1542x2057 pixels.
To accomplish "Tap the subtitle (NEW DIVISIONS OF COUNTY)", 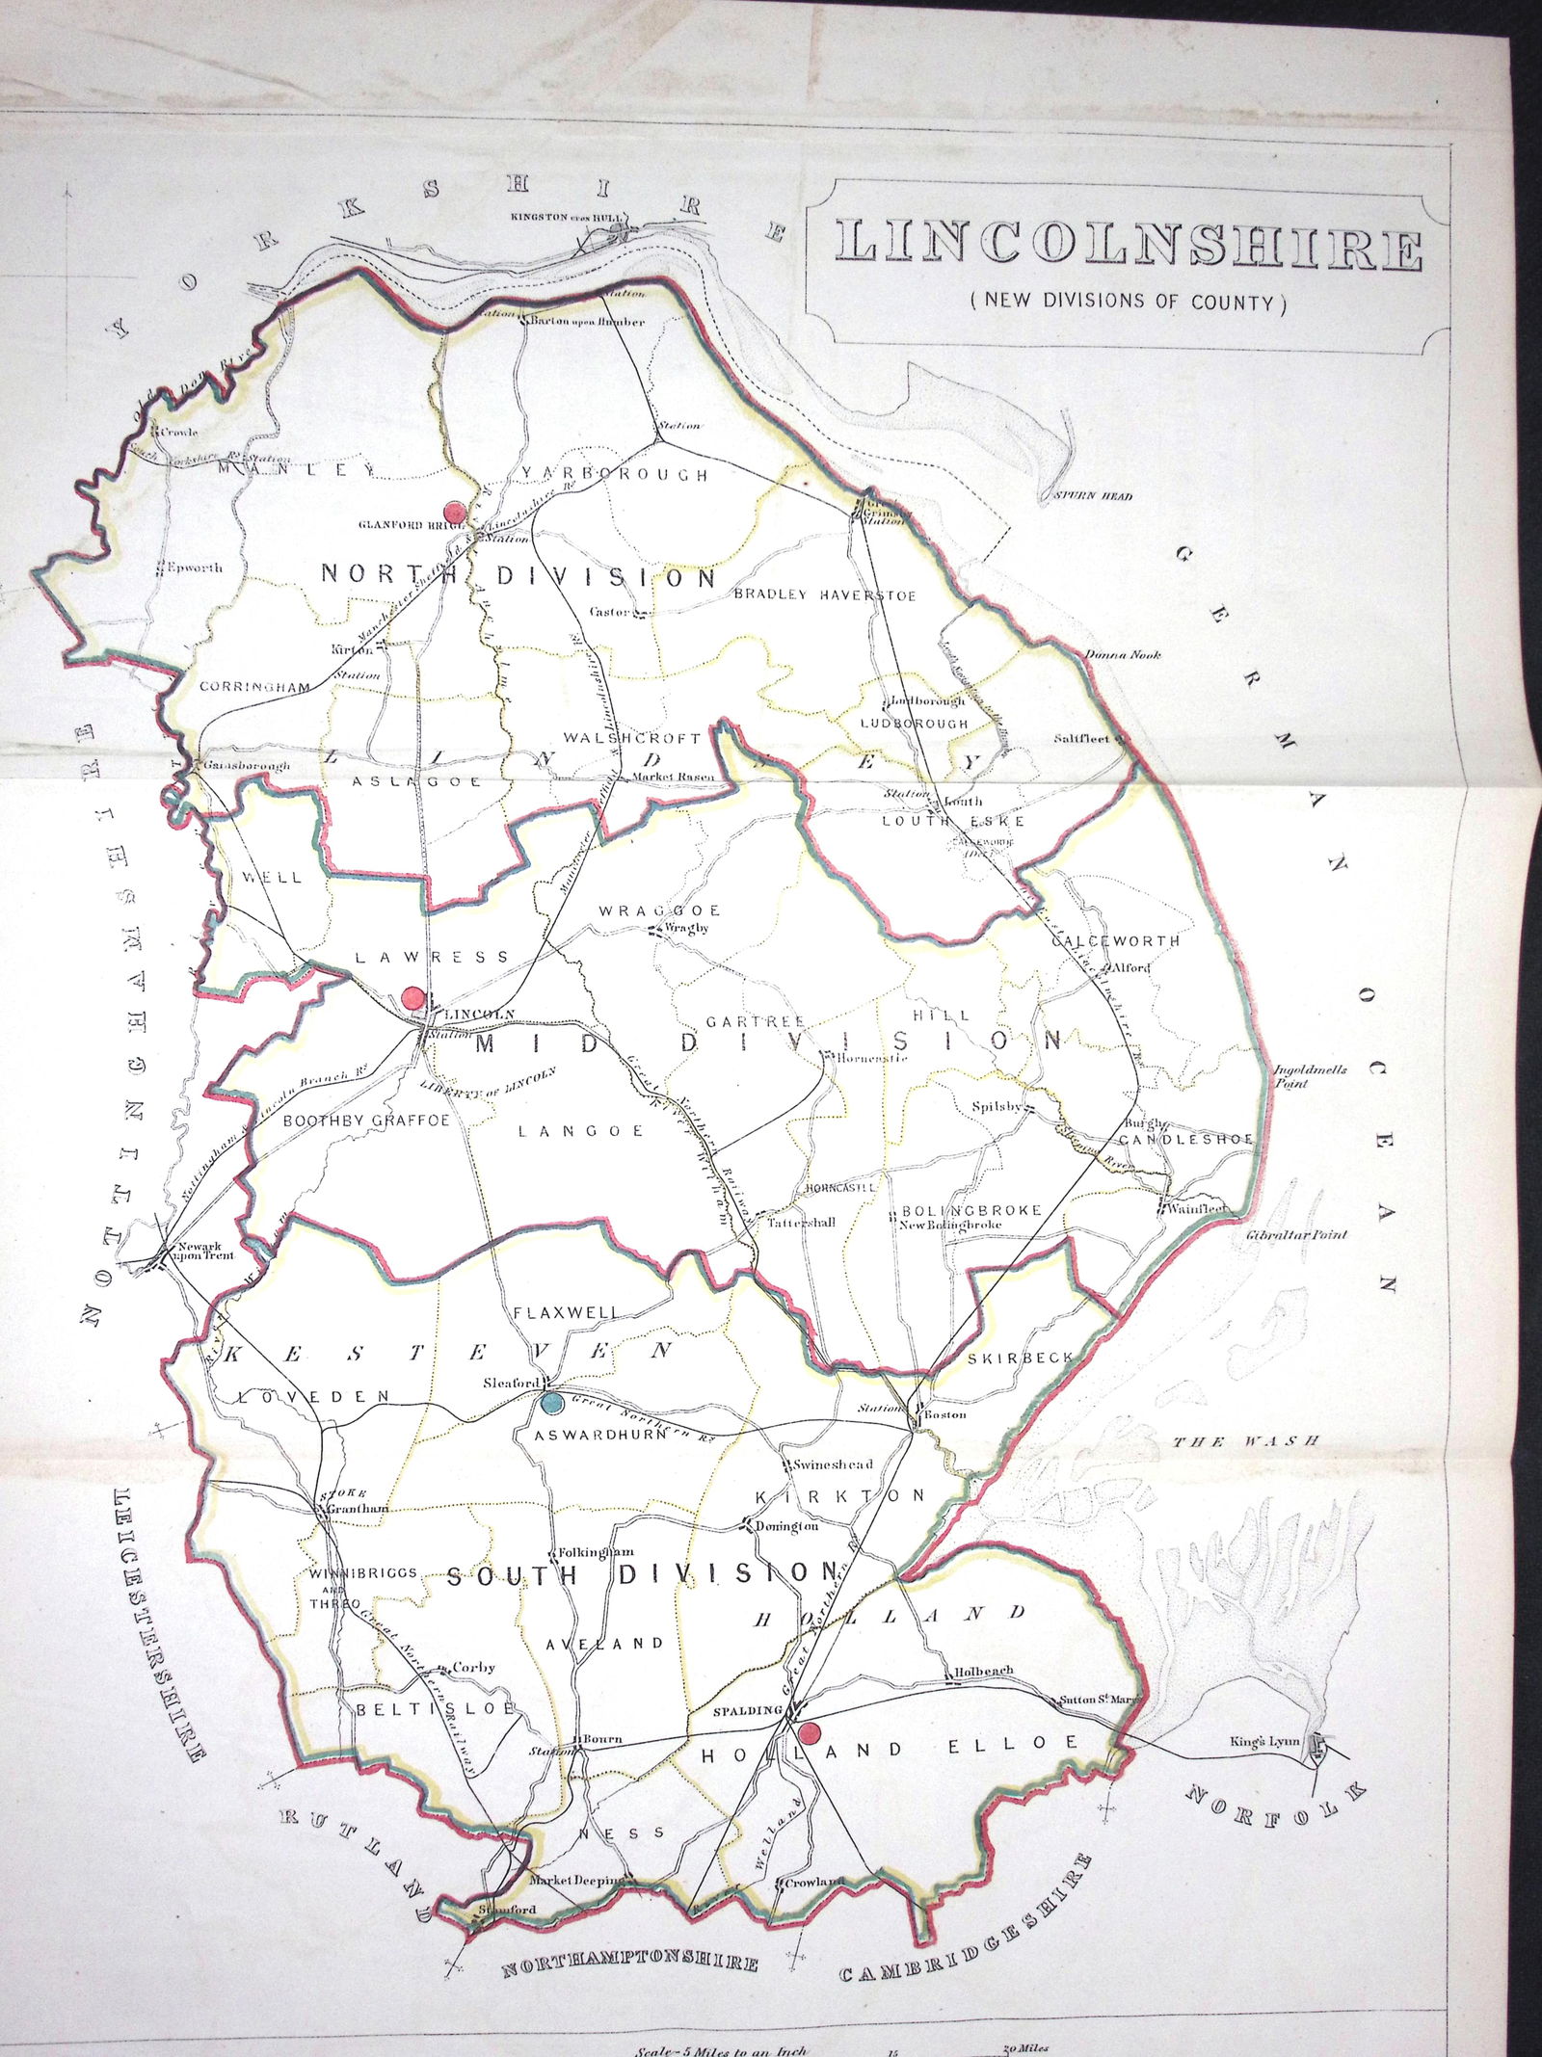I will (1129, 302).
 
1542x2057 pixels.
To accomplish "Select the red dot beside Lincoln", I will (413, 997).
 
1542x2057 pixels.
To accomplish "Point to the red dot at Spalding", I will (811, 1734).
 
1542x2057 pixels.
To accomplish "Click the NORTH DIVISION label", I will (518, 576).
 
